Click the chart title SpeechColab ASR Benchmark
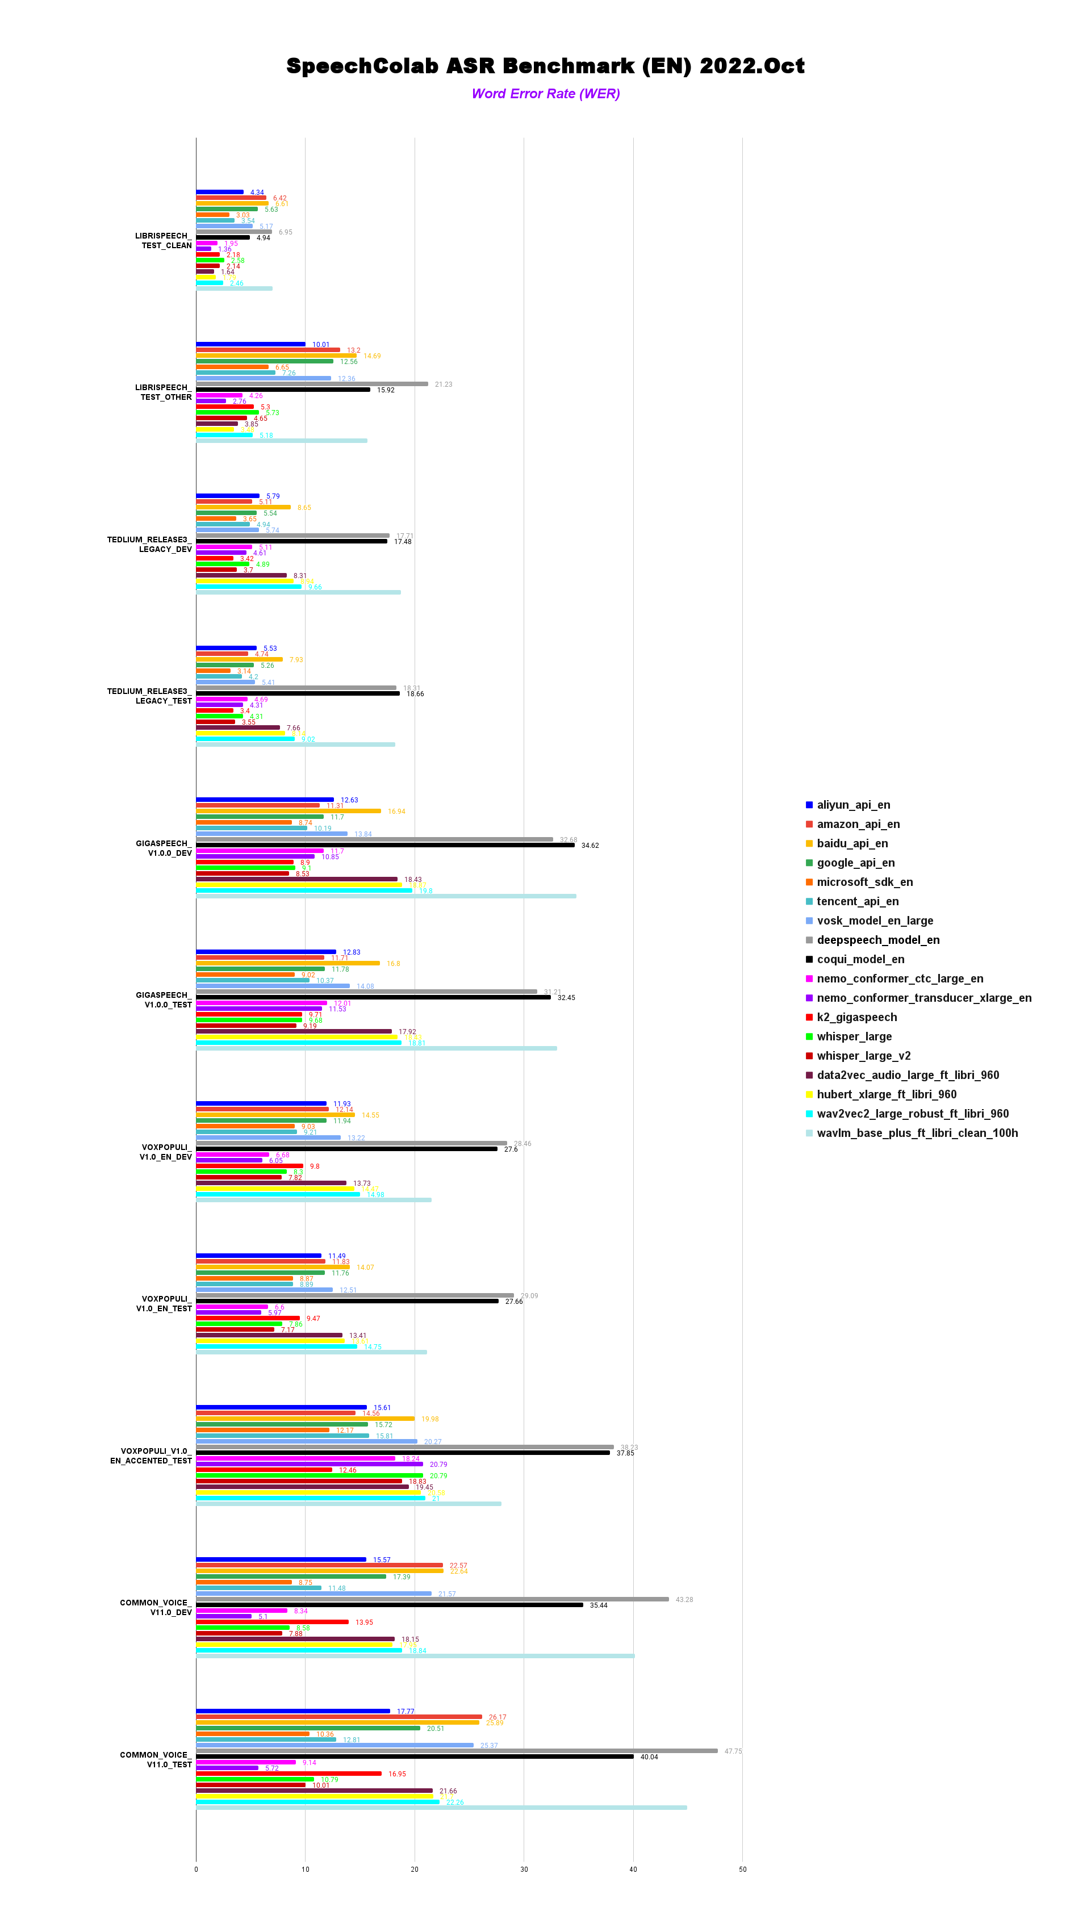545,66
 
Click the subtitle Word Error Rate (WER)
545,94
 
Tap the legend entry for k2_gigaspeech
856,1017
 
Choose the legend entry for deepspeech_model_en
877,940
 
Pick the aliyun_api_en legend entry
852,805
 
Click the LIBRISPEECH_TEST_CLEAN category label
164,240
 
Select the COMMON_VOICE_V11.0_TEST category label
156,1759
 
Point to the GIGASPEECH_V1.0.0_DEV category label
164,848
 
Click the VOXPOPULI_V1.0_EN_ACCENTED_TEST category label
152,1456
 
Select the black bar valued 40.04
415,1756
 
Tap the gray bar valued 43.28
432,1599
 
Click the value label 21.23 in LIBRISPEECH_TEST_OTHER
444,384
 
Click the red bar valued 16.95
289,1774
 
